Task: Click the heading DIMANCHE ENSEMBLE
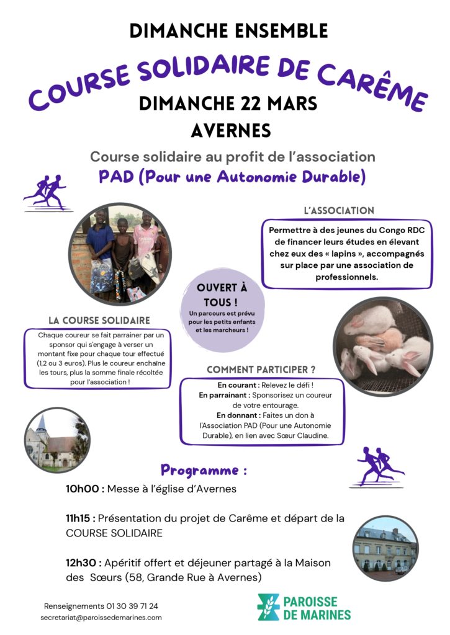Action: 228,30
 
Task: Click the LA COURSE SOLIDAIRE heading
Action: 99,321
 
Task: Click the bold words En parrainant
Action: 224,394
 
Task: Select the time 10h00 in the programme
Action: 84,489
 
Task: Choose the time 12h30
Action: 84,562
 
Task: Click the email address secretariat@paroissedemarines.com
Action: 101,618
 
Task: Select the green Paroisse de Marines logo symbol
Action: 269,607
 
